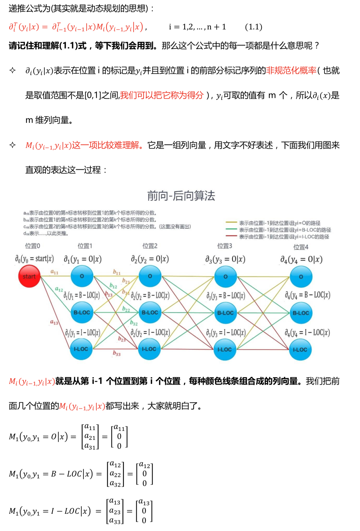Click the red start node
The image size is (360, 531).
[29, 276]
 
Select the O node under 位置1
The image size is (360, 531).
[82, 276]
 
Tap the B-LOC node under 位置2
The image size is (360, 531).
[150, 312]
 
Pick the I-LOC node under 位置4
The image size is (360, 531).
[300, 350]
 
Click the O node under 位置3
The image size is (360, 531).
[225, 277]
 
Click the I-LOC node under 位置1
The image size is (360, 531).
[81, 349]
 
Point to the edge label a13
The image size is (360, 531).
[54, 322]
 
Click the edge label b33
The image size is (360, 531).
[117, 353]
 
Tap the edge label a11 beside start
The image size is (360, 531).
[54, 272]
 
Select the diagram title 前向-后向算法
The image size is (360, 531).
[181, 196]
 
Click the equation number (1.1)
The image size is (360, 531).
[253, 27]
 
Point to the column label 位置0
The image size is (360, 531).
[32, 246]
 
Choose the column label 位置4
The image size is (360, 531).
[301, 247]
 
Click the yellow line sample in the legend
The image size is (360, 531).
[231, 222]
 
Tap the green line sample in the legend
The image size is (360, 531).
[231, 229]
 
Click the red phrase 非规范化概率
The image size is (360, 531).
[291, 70]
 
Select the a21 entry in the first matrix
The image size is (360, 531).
[90, 437]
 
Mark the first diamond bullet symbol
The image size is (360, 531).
[12, 70]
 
